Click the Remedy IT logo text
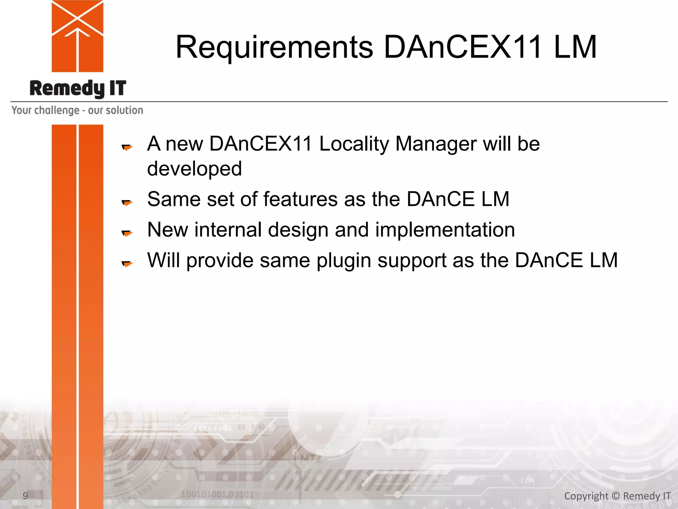coord(78,88)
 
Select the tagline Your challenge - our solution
coord(77,110)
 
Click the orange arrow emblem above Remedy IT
coord(77,36)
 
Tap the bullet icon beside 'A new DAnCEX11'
coord(127,147)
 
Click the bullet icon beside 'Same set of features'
coord(127,202)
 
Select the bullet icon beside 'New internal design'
coord(127,233)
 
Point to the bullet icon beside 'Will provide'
coord(127,263)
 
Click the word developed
coord(194,169)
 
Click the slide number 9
coord(25,496)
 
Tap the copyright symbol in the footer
coord(615,496)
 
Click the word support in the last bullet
coord(412,260)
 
